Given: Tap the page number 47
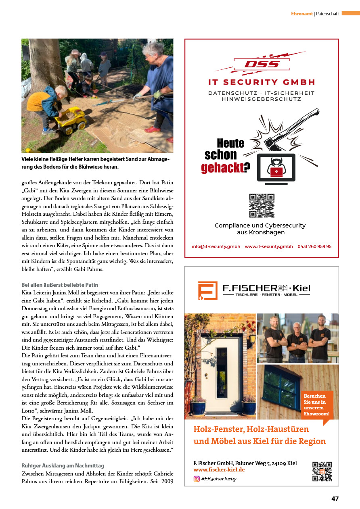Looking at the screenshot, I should pos(335,499).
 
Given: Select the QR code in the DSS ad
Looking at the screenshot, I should pos(262,206).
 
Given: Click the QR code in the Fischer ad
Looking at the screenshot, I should pos(322,471).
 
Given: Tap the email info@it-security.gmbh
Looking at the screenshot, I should pos(216,246).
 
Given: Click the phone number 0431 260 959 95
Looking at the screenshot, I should pos(314,246).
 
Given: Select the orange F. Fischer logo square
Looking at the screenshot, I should pos(207,290).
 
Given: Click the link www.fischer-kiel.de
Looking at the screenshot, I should pos(219,469).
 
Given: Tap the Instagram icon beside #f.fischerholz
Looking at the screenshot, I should pos(197,479).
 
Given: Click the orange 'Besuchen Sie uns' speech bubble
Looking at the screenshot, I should pos(317,405).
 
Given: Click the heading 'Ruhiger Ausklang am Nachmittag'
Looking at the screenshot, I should pos(63,465).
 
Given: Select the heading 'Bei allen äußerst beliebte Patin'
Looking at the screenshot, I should pos(60,285).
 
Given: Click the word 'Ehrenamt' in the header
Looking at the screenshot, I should pos(302,14).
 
